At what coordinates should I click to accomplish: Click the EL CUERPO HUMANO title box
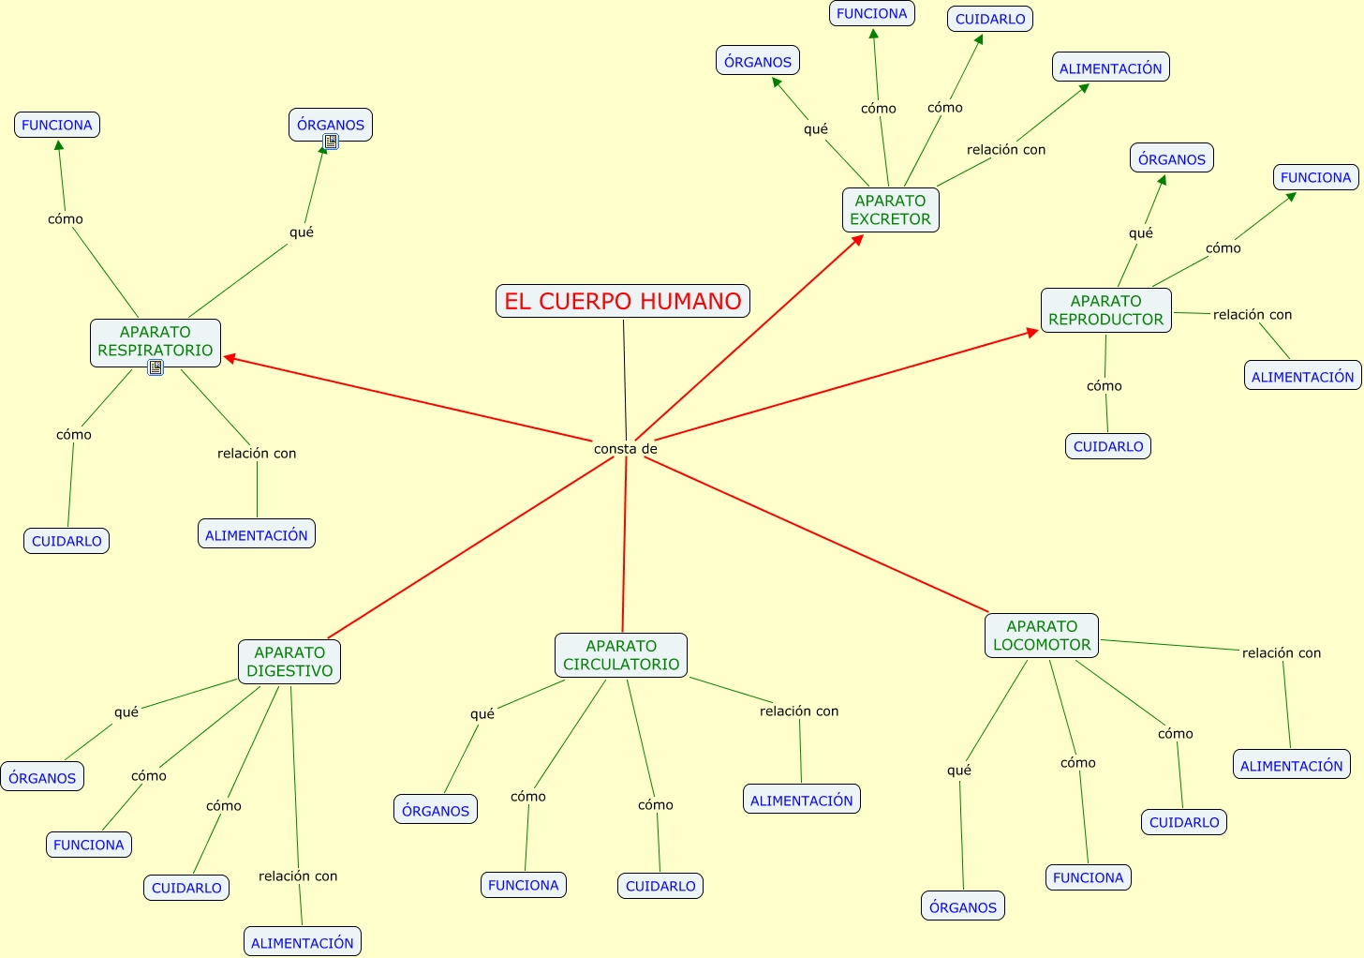pos(623,301)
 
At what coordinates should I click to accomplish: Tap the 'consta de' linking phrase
pos(626,449)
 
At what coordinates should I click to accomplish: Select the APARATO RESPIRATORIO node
pos(156,341)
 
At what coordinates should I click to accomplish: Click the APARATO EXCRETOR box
pos(890,210)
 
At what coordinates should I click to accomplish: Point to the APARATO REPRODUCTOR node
pos(1105,310)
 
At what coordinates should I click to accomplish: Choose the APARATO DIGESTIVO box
pos(289,662)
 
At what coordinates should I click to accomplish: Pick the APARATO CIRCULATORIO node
pos(621,655)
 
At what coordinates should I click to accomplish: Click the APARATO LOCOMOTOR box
pos(1042,636)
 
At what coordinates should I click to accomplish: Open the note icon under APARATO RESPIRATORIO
pos(156,367)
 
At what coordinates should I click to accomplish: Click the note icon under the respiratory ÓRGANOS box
pos(331,142)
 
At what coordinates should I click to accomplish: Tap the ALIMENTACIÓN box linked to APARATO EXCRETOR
pos(1110,68)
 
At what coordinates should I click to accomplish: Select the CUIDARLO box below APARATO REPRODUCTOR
pos(1108,446)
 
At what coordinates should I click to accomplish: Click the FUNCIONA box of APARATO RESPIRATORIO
pos(57,125)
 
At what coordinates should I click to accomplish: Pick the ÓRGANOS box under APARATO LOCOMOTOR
pos(963,906)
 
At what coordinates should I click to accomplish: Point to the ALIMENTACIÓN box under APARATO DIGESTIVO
pos(303,942)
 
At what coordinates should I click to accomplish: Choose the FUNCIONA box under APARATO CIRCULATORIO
pos(524,885)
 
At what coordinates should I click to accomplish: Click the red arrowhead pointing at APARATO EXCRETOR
pos(857,240)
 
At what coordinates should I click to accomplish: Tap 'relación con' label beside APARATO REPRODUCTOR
pos(1253,315)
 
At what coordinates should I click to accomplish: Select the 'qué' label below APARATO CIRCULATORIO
pos(482,714)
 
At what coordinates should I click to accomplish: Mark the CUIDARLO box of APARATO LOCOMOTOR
pos(1184,822)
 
